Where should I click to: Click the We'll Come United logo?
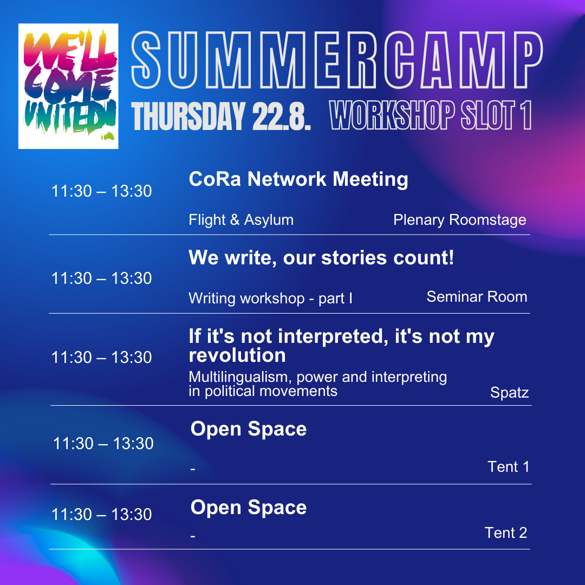[x=68, y=86]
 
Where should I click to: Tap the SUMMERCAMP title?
[x=337, y=61]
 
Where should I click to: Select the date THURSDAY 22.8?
[x=221, y=116]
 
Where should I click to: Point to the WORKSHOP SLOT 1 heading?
[x=431, y=115]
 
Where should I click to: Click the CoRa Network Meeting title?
[x=298, y=179]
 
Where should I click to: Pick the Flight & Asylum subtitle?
[x=241, y=220]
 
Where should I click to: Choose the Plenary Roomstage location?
[x=460, y=220]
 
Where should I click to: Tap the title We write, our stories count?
[x=321, y=257]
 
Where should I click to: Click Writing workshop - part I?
[x=270, y=298]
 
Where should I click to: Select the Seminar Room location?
[x=477, y=297]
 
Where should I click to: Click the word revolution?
[x=237, y=355]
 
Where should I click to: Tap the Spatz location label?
[x=509, y=393]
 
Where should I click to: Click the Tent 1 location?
[x=509, y=467]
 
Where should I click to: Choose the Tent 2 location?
[x=506, y=533]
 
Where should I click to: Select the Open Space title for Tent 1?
[x=249, y=429]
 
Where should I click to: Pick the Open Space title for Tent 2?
[x=249, y=508]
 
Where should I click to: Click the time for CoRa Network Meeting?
[x=101, y=191]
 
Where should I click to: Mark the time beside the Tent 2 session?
[x=101, y=515]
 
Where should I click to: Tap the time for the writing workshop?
[x=101, y=278]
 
